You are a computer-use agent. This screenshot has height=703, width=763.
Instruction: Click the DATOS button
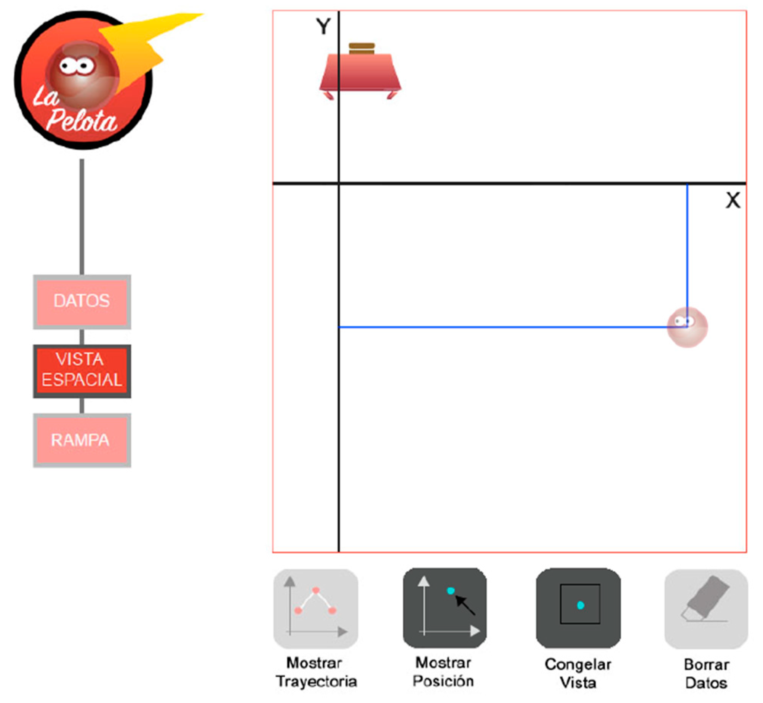click(x=82, y=302)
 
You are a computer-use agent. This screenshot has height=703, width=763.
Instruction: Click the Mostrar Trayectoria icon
click(x=315, y=609)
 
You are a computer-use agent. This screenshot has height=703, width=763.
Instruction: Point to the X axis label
click(x=733, y=200)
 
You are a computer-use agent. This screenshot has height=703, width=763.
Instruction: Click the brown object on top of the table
click(x=362, y=49)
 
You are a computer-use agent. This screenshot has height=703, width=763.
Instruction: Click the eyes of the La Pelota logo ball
click(x=77, y=66)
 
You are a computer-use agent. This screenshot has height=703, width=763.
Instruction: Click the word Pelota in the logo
click(x=82, y=121)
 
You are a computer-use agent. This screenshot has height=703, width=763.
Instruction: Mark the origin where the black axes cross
click(x=339, y=184)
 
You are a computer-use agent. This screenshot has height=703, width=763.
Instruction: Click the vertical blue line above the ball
click(x=687, y=248)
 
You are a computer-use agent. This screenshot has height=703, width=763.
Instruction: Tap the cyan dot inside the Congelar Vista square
click(x=580, y=605)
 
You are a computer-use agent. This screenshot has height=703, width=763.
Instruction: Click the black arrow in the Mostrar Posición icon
click(x=465, y=605)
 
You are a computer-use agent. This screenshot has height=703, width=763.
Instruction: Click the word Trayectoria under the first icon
click(x=316, y=681)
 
